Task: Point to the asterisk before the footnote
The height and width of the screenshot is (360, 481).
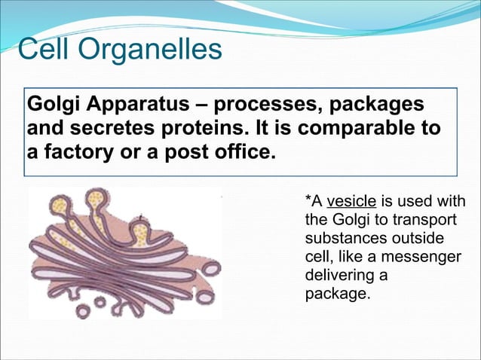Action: point(308,200)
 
